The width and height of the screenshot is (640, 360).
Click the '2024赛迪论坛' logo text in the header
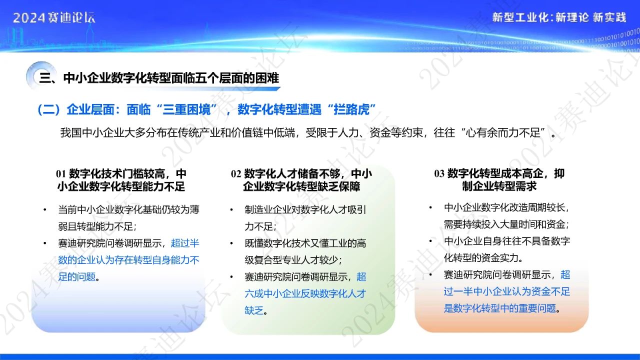54,17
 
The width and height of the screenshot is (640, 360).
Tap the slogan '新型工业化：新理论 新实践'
559,17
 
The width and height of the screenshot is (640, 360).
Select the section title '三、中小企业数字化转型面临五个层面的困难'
159,78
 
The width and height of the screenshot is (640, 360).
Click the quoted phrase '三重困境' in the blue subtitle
186,109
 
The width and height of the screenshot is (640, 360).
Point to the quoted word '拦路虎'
351,109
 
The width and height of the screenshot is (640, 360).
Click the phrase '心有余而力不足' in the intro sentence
503,132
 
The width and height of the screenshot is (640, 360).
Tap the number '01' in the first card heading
61,173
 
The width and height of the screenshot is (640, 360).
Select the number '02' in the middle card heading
236,173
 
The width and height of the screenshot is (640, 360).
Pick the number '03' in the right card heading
439,173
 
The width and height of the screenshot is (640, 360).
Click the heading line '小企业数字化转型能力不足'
121,186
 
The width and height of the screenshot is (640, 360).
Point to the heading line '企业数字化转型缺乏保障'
301,186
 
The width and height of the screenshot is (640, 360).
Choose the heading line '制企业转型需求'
499,186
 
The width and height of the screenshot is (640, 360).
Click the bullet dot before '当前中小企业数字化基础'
45,210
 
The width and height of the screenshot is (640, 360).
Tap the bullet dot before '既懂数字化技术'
231,243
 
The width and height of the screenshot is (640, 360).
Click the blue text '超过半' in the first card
185,243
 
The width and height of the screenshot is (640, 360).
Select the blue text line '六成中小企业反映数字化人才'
305,293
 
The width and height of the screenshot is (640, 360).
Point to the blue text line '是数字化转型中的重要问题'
500,308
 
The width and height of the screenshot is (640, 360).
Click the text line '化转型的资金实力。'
483,257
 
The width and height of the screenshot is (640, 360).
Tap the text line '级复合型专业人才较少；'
293,260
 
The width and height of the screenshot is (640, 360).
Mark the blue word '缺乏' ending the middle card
254,310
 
